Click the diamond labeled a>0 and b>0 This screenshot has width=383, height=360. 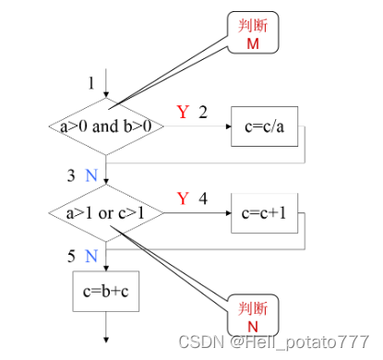click(x=106, y=126)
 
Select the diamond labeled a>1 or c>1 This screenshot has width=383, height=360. click(x=106, y=214)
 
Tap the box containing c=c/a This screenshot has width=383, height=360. click(x=266, y=126)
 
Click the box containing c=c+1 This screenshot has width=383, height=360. click(x=266, y=214)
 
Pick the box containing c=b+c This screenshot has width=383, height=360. click(x=107, y=293)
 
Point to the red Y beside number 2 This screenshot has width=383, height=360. click(x=183, y=113)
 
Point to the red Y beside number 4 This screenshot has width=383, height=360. click(x=183, y=198)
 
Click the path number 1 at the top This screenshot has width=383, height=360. click(x=91, y=84)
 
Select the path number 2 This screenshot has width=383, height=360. click(x=202, y=113)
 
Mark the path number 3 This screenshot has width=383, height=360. click(x=71, y=174)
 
